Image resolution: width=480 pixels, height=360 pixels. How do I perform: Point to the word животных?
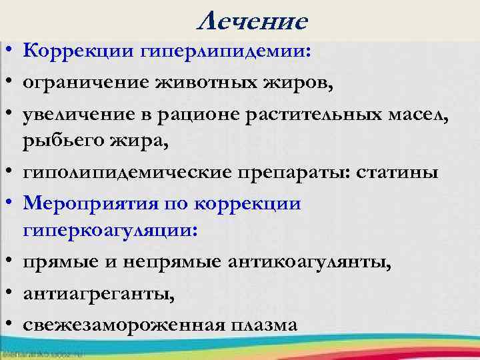[x=211, y=83]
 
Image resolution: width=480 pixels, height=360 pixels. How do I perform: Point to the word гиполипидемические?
[x=127, y=173]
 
